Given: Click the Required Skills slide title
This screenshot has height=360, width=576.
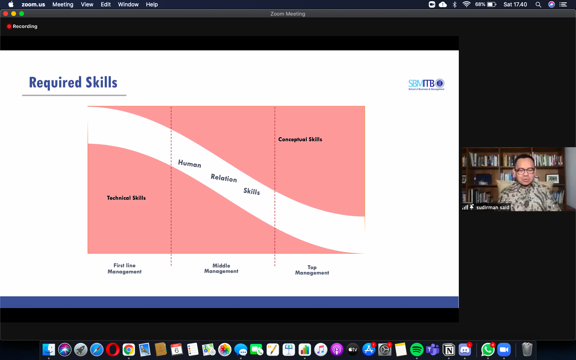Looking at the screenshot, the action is coord(73,82).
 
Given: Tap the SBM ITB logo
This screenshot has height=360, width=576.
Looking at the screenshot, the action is coord(426,84).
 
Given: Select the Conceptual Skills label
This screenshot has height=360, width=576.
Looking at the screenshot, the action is coord(300,139).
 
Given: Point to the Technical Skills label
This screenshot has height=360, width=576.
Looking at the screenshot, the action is coord(126,198).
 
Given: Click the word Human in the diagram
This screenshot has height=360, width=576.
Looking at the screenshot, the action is coord(190,164).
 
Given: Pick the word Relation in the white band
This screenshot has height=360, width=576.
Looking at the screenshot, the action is coord(224,178).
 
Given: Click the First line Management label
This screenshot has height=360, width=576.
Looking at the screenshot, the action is coord(124,268).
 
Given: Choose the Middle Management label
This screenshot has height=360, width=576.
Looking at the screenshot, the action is coord(221,268).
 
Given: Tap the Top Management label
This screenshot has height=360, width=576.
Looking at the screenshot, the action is coord(312,270).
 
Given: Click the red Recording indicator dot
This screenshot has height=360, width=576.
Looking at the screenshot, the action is coord(9,26).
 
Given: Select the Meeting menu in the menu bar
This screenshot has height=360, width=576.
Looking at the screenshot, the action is coord(63,4).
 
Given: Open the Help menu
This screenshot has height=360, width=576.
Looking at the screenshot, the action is coord(152,4).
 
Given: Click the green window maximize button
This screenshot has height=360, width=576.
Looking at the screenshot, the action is coord(22,14).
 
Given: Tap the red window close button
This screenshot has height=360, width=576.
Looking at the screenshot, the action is coord(6,14).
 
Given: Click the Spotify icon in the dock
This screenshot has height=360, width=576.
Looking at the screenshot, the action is coord(416,350).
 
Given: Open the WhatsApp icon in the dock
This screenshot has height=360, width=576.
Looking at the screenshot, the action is coord(488,350).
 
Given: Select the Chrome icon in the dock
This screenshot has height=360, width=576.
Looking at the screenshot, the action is coord(128,350).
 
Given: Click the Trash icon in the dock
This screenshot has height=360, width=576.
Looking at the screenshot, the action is coord(527,350).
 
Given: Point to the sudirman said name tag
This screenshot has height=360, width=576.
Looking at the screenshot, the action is coord(492,208).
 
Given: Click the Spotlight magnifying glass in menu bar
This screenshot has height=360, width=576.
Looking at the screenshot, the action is coord(538,5).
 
